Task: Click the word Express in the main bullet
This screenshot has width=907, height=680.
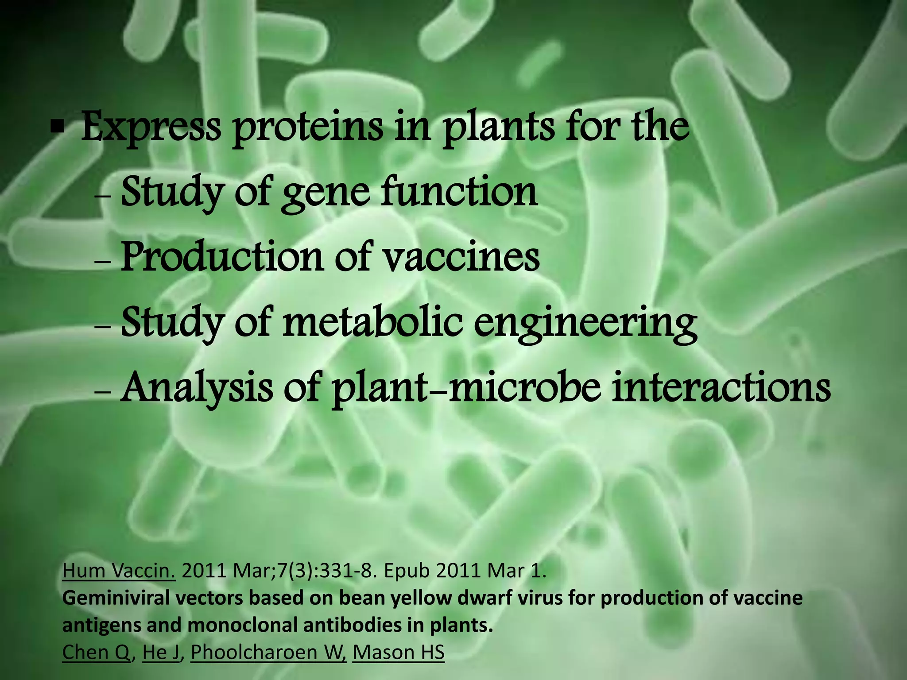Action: pos(151,128)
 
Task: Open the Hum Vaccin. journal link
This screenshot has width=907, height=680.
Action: pos(119,572)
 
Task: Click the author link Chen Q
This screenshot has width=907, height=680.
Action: pos(97,652)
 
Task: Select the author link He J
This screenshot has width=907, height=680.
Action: pos(160,652)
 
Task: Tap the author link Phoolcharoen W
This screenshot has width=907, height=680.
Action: pos(268,652)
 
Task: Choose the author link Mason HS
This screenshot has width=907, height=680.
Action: pos(398,652)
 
